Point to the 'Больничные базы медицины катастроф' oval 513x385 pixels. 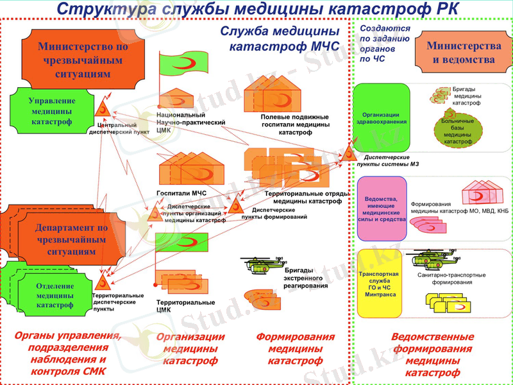tap(458, 131)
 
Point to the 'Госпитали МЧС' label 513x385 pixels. tap(182, 193)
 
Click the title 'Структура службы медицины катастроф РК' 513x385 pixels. tap(256, 9)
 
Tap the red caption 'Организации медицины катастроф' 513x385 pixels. tap(190, 348)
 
